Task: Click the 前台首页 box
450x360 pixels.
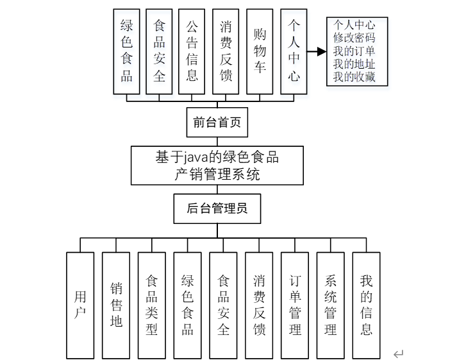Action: coord(217,123)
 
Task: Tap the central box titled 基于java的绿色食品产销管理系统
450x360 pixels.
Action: coord(217,165)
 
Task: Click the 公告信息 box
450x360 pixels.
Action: coord(192,53)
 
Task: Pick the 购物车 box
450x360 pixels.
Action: coord(260,53)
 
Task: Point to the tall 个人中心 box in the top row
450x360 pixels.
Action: coord(293,53)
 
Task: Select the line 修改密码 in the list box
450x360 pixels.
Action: coord(354,38)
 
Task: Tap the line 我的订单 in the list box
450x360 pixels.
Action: coord(354,51)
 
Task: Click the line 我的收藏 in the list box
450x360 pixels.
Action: coord(354,78)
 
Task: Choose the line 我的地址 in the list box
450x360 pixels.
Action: coord(354,65)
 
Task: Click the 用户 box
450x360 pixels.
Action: coord(80,305)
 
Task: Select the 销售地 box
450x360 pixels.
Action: coord(116,305)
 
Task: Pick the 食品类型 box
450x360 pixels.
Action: coord(152,305)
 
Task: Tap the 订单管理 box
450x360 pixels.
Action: coord(295,305)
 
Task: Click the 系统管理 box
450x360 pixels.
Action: coord(331,305)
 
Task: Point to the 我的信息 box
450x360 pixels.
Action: coord(366,305)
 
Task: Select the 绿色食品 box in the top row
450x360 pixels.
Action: coord(126,53)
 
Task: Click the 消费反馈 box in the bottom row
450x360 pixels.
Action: coord(259,305)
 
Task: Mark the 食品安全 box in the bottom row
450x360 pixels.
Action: coord(223,305)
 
